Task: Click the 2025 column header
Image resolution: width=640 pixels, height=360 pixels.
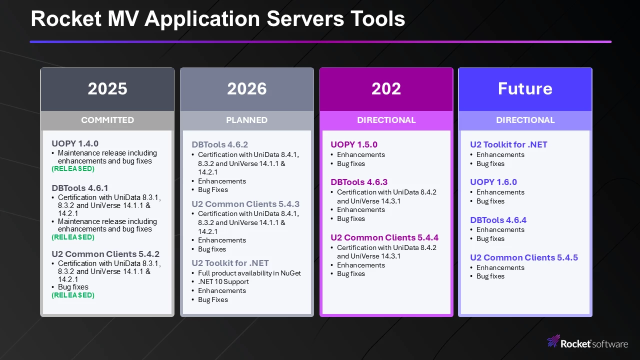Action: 107,88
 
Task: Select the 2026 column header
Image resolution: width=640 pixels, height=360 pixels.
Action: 247,88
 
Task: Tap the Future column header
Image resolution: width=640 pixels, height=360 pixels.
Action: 525,88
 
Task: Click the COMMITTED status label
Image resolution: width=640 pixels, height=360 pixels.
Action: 107,120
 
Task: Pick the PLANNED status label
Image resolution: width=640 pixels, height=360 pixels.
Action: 247,120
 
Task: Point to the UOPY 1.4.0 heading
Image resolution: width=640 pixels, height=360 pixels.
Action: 75,143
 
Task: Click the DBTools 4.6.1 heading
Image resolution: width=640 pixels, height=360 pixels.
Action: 79,188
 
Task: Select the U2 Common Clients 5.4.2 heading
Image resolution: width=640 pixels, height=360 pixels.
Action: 105,254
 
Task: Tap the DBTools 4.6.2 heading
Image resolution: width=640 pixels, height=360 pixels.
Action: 219,144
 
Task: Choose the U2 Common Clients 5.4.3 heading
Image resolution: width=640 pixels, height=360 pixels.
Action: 245,204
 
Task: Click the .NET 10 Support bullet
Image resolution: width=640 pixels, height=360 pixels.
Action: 223,281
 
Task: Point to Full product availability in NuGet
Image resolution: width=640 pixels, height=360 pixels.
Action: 249,273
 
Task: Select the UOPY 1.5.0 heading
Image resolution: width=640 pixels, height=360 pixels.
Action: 354,144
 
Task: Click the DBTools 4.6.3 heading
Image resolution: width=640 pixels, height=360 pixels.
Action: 359,182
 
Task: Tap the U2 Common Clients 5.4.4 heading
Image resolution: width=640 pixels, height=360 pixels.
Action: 384,237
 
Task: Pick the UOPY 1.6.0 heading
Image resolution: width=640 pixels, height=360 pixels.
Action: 493,182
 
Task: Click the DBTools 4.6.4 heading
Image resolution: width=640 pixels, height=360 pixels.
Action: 498,220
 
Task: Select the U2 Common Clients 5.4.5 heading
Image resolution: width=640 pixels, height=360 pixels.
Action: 524,257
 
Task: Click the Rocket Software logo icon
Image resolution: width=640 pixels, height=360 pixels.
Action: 553,341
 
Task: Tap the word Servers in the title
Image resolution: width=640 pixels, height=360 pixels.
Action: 305,19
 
